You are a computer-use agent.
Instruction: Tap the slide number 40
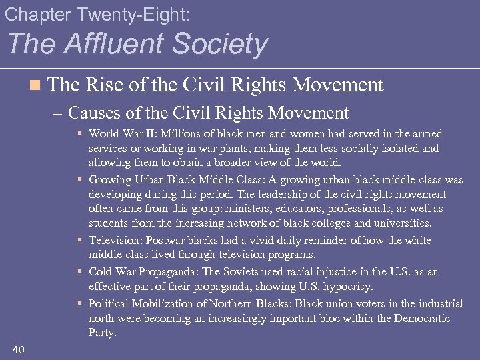click(19, 349)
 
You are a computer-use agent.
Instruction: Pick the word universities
click(399, 223)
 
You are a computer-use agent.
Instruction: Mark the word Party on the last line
click(102, 332)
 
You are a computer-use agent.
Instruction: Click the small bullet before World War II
click(81, 134)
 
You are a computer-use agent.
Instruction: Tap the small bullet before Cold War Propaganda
click(81, 272)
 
